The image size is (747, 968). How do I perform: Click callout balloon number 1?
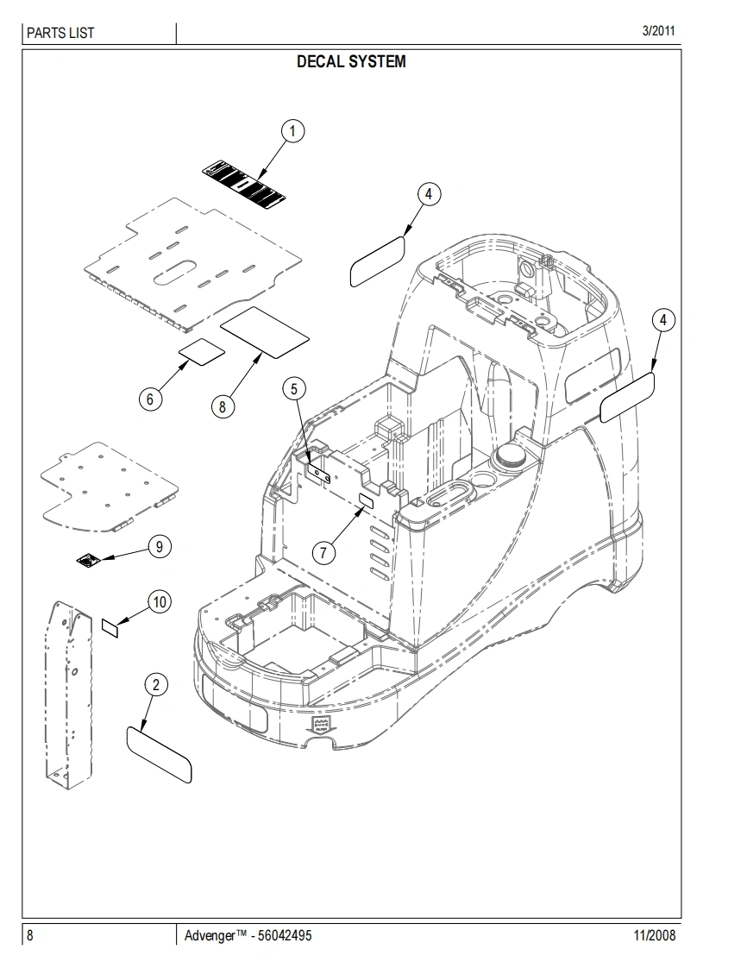pos(293,131)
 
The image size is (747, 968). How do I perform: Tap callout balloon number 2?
pos(155,686)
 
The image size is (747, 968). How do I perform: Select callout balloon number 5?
pos(293,389)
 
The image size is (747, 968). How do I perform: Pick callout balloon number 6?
pos(150,399)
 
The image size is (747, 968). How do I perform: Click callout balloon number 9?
pos(160,546)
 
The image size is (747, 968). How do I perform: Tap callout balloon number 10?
pos(160,602)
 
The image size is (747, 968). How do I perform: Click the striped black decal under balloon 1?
pos(245,185)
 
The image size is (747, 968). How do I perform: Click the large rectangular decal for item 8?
pos(264,330)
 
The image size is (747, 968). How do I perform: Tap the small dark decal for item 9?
pos(87,562)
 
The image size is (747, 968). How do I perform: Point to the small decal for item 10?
pos(110,626)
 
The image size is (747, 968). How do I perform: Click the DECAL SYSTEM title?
pos(351,62)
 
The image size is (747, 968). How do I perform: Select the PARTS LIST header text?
pos(60,34)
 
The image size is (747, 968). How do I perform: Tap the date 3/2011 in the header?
pos(658,31)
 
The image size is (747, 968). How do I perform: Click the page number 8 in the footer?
pos(30,936)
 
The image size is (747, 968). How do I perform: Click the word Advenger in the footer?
pos(210,936)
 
